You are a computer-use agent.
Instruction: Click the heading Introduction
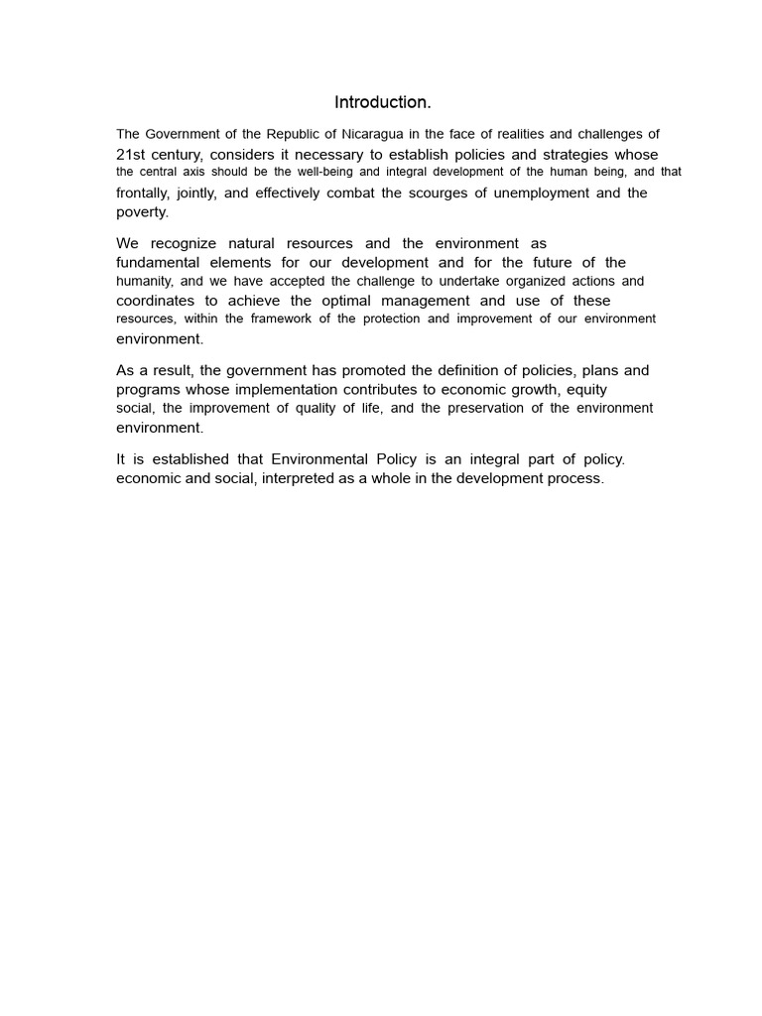pyautogui.click(x=382, y=102)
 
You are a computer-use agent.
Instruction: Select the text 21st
pyautogui.click(x=133, y=154)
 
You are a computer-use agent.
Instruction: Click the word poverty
pyautogui.click(x=142, y=212)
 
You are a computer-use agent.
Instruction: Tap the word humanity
pyautogui.click(x=145, y=282)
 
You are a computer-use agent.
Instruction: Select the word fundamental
pyautogui.click(x=158, y=262)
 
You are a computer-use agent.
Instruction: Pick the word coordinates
pyautogui.click(x=157, y=301)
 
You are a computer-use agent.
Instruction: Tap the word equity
pyautogui.click(x=586, y=389)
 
